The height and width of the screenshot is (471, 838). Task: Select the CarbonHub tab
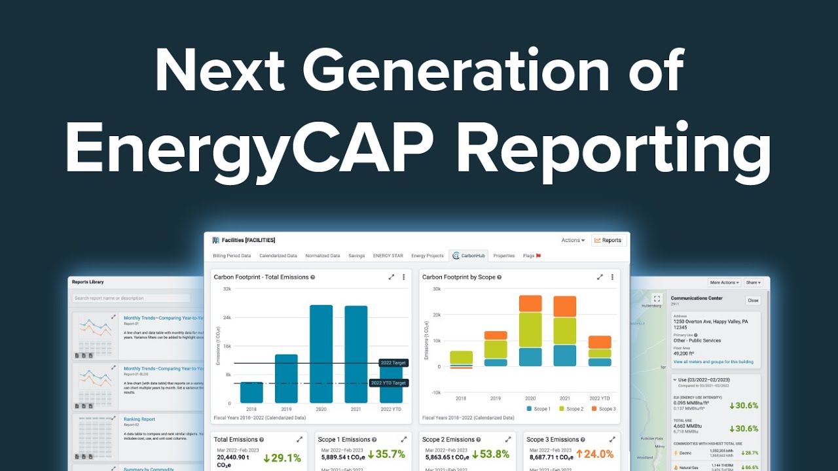[x=469, y=256]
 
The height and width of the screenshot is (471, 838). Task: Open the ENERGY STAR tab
[x=388, y=256]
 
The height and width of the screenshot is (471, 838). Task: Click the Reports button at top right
[x=608, y=240]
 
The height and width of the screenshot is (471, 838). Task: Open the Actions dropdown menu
[x=573, y=240]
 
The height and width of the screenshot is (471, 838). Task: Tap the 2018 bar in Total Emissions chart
[x=251, y=392]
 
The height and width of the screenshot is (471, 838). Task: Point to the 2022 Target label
[x=393, y=363]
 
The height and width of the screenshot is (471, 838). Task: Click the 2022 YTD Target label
[x=389, y=383]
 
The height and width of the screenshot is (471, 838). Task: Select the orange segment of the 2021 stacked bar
[x=565, y=306]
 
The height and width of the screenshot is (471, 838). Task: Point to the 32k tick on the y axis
[x=227, y=288]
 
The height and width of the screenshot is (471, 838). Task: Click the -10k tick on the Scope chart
[x=435, y=392]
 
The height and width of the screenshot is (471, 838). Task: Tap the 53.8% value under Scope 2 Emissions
[x=488, y=455]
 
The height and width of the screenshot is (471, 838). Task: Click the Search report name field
[x=131, y=298]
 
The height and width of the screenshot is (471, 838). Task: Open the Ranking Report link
[x=139, y=419]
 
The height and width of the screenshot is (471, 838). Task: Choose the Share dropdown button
[x=753, y=283]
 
